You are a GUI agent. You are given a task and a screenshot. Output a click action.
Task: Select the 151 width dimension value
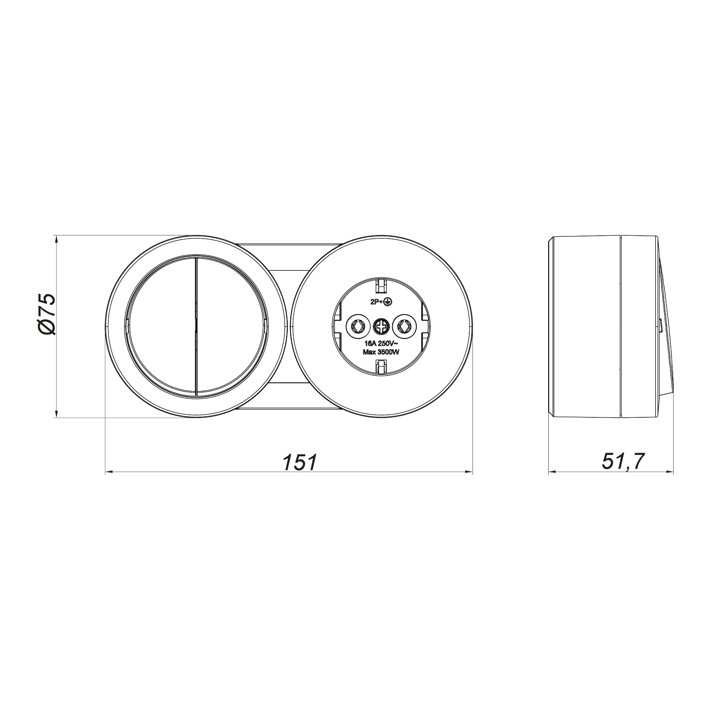tap(300, 462)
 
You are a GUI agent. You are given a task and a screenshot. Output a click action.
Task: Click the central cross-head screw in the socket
tap(381, 326)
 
